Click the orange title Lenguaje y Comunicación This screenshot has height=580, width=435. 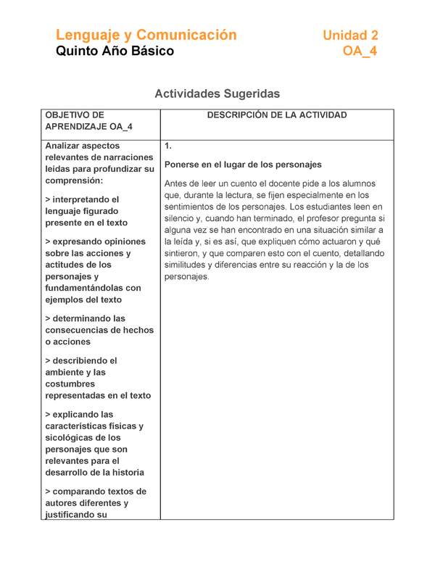pyautogui.click(x=146, y=35)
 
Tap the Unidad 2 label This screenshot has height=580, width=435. pyautogui.click(x=350, y=35)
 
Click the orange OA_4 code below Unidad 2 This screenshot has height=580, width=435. pyautogui.click(x=360, y=51)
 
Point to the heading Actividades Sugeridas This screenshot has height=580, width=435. pyautogui.click(x=217, y=94)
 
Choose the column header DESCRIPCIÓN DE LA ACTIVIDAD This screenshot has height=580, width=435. pyautogui.click(x=277, y=115)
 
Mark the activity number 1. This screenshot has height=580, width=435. pyautogui.click(x=168, y=146)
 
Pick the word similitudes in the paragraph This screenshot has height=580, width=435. pyautogui.click(x=187, y=265)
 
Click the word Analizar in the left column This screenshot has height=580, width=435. pyautogui.click(x=64, y=146)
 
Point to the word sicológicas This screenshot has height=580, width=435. pyautogui.click(x=70, y=438)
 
